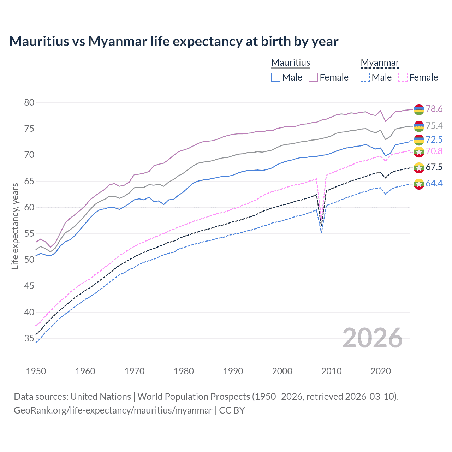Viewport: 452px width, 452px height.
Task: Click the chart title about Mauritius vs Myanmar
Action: (x=174, y=41)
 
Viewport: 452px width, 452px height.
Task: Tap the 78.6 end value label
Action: (x=434, y=109)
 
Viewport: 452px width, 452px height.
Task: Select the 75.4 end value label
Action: (x=434, y=126)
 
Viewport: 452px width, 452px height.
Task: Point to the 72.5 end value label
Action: (x=434, y=139)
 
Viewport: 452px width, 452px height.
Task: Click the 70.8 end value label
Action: (x=434, y=151)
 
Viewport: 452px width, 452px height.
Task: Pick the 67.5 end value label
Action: (x=434, y=167)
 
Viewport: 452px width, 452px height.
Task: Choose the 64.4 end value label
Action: (x=434, y=183)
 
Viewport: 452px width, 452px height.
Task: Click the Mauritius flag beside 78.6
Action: (x=419, y=109)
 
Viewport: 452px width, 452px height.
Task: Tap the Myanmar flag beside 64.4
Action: (x=419, y=184)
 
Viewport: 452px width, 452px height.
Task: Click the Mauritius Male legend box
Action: (x=276, y=77)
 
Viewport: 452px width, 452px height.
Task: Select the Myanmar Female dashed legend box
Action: (x=403, y=77)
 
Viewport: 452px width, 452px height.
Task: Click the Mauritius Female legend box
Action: (x=313, y=77)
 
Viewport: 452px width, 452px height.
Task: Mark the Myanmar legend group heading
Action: (x=380, y=63)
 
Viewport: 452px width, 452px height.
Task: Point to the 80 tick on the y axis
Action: (x=29, y=103)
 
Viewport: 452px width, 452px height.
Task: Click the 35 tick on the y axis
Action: (x=29, y=339)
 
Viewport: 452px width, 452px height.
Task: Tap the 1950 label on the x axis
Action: (x=36, y=371)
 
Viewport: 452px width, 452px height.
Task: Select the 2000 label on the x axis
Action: (x=282, y=371)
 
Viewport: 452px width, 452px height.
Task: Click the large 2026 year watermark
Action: (x=373, y=338)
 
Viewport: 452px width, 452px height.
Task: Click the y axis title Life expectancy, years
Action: (x=15, y=226)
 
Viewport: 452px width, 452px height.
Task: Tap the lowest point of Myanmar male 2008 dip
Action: (x=321, y=232)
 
